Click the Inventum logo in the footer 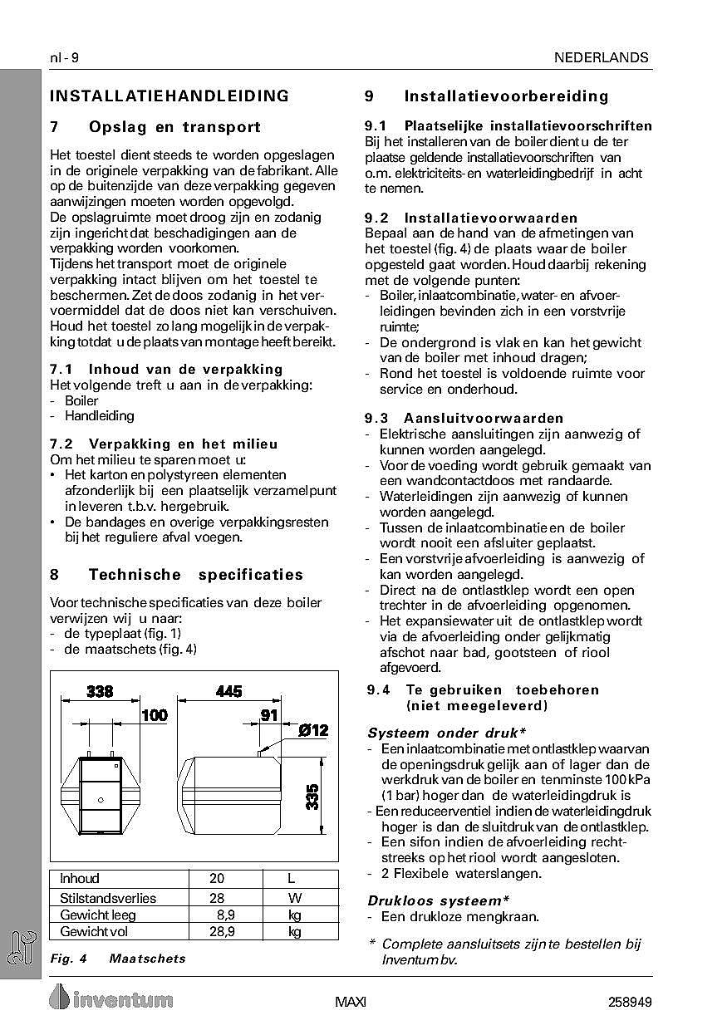(x=111, y=998)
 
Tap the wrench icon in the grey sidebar (x=21, y=949)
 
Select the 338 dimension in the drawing (x=99, y=692)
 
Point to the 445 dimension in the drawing (x=228, y=692)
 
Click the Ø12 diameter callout (x=312, y=731)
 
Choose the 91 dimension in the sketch (x=269, y=715)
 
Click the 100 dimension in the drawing (x=154, y=715)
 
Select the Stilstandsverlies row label (x=108, y=898)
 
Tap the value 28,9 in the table (x=222, y=932)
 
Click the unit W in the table (x=294, y=898)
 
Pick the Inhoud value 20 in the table (x=217, y=879)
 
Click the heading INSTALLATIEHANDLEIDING (x=169, y=96)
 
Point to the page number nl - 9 (x=64, y=57)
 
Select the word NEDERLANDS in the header (x=602, y=57)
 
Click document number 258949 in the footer (x=629, y=1002)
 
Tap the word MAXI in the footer (x=351, y=1002)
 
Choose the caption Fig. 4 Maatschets (x=118, y=959)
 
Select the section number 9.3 (x=377, y=418)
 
